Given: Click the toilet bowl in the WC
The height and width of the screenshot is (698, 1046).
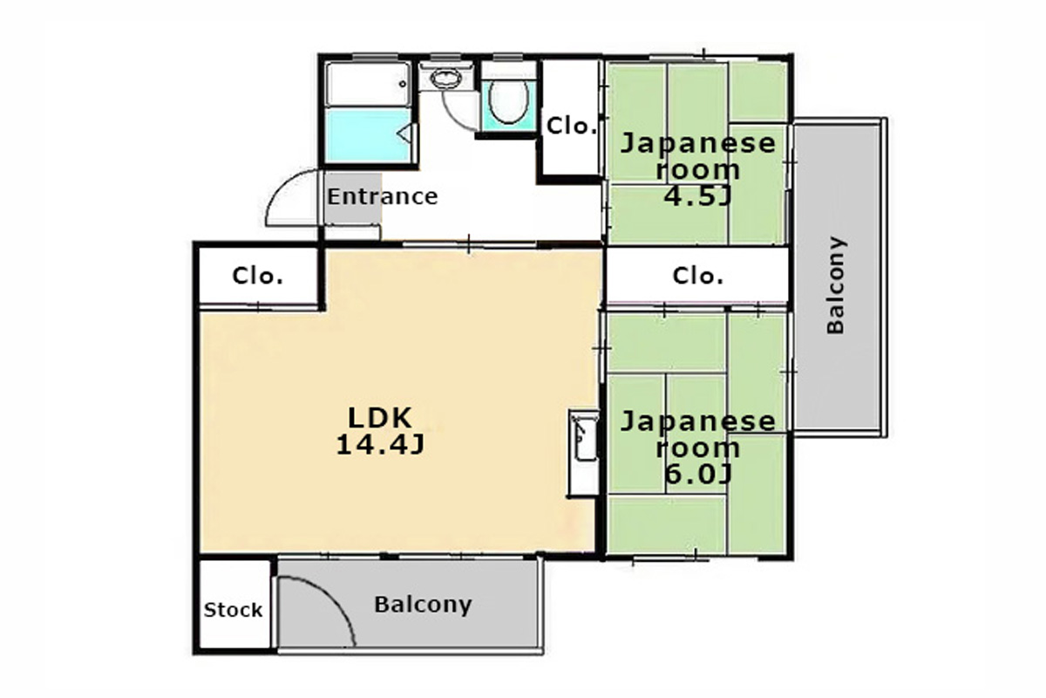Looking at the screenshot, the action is point(508,102).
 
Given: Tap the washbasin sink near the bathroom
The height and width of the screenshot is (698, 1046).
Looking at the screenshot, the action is point(445,79).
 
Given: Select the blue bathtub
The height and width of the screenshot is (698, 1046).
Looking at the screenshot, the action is point(369,134).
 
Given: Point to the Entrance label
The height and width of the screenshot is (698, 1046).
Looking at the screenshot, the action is point(383,196).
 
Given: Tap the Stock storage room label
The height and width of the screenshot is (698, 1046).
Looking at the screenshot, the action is point(233,610).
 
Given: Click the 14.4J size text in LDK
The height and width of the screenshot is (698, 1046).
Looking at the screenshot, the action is point(380,445).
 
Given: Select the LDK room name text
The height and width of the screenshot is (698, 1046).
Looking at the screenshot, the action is point(380,418).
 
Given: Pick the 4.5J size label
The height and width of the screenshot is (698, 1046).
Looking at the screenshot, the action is point(697,197).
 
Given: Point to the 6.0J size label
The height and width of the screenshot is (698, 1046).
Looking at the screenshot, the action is point(697,475).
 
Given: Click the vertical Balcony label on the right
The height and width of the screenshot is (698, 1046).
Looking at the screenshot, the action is point(835,285).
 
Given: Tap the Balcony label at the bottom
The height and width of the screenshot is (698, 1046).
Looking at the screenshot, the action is point(423,605).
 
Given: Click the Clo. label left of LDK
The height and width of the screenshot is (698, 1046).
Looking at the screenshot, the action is point(258,276).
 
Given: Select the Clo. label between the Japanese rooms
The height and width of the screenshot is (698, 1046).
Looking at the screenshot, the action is point(698,276).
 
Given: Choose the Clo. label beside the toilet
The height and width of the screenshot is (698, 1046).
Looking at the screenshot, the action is point(572,126).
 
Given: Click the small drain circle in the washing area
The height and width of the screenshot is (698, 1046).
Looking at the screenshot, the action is point(403,84).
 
